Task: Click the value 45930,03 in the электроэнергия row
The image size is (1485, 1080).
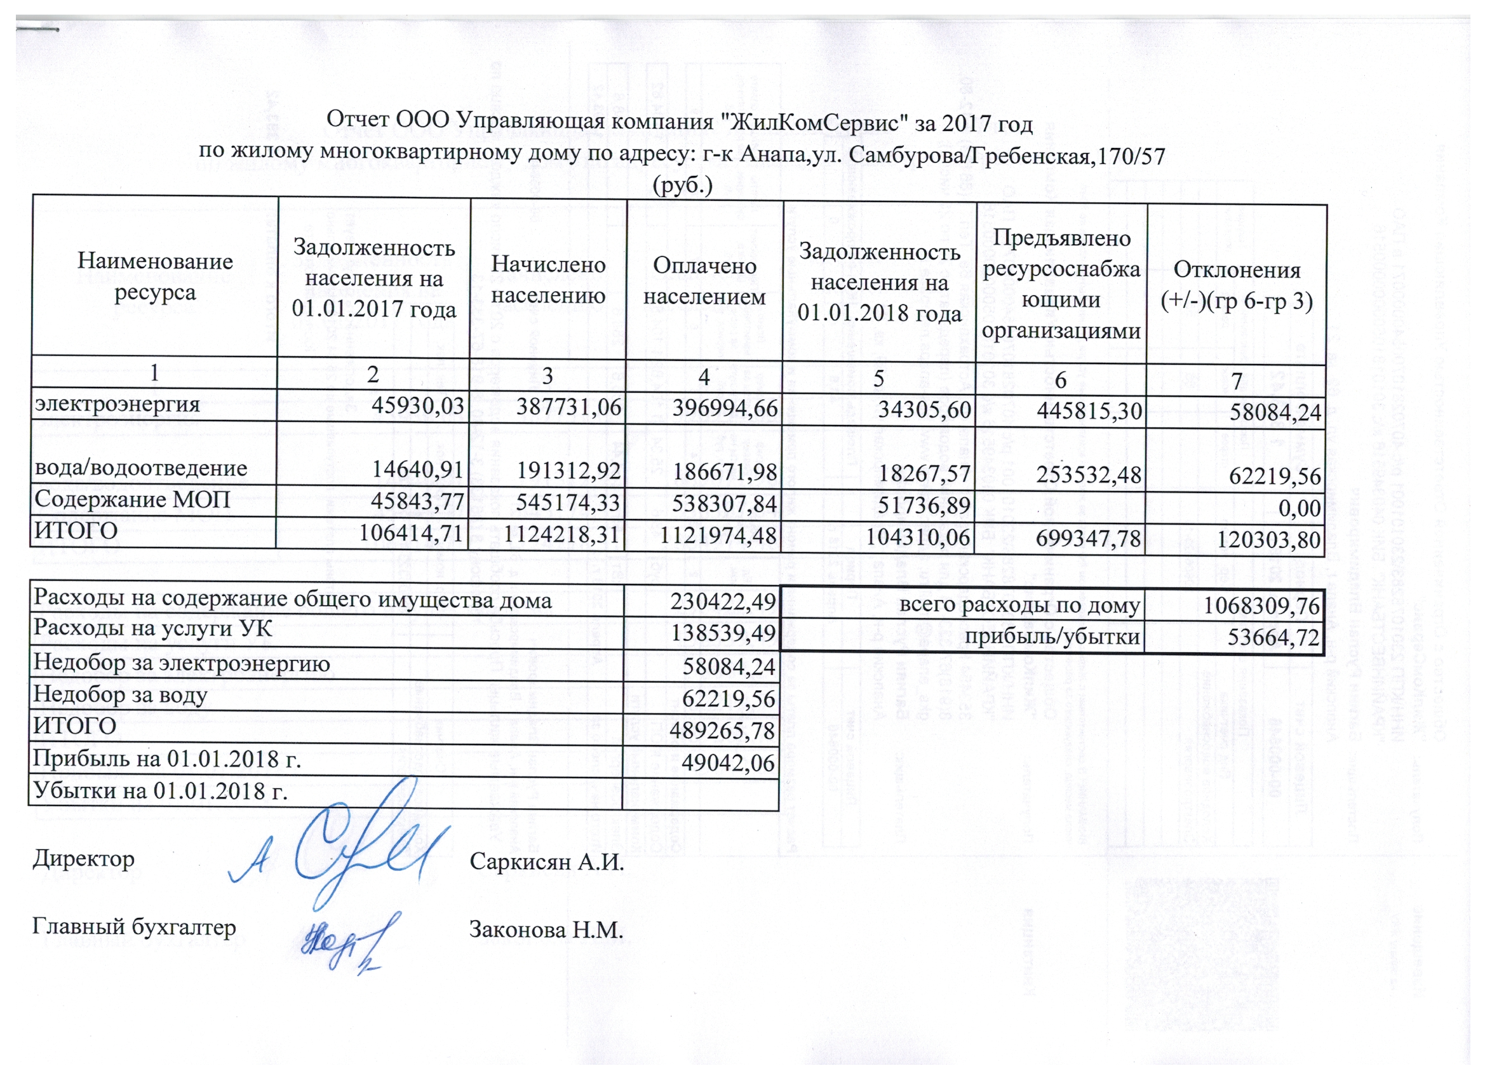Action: (418, 406)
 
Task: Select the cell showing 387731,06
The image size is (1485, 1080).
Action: (568, 407)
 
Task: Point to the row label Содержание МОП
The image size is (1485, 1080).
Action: (132, 501)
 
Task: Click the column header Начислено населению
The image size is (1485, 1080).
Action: (548, 280)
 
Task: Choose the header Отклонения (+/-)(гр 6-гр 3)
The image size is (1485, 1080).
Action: (1236, 285)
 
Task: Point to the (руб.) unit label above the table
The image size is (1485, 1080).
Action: (682, 187)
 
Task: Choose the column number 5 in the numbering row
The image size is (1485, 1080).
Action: (878, 378)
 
